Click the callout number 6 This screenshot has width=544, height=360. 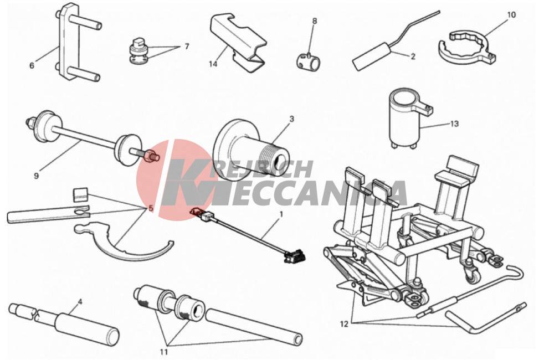32,65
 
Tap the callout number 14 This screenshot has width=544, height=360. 213,64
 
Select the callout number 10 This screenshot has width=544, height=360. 511,15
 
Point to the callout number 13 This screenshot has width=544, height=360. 454,124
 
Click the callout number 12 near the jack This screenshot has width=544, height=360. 344,324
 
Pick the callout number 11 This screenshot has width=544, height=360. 164,352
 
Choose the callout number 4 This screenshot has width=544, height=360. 80,302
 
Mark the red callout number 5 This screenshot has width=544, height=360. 151,208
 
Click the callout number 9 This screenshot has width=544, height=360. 37,176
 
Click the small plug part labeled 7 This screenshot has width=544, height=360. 140,50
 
